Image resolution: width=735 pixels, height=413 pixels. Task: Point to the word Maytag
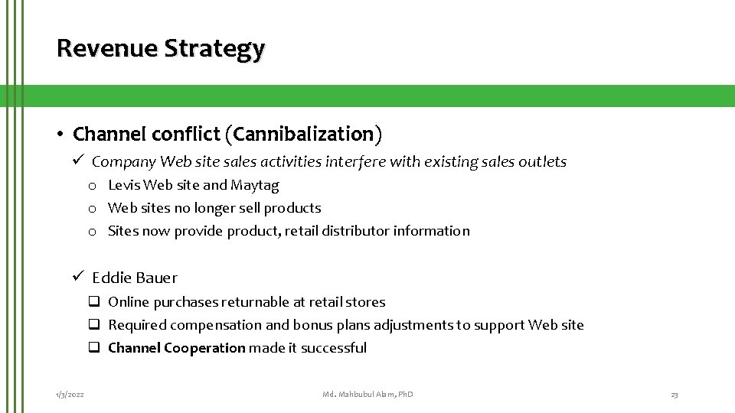[x=256, y=185]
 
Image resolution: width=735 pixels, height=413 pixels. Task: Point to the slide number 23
[x=674, y=394]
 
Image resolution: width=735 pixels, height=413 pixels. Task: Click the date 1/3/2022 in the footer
[x=70, y=394]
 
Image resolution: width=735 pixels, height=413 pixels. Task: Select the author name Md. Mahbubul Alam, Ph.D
[x=367, y=394]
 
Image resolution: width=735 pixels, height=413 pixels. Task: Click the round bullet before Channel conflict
[x=59, y=135]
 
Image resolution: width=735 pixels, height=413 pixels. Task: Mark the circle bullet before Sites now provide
[x=91, y=231]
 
